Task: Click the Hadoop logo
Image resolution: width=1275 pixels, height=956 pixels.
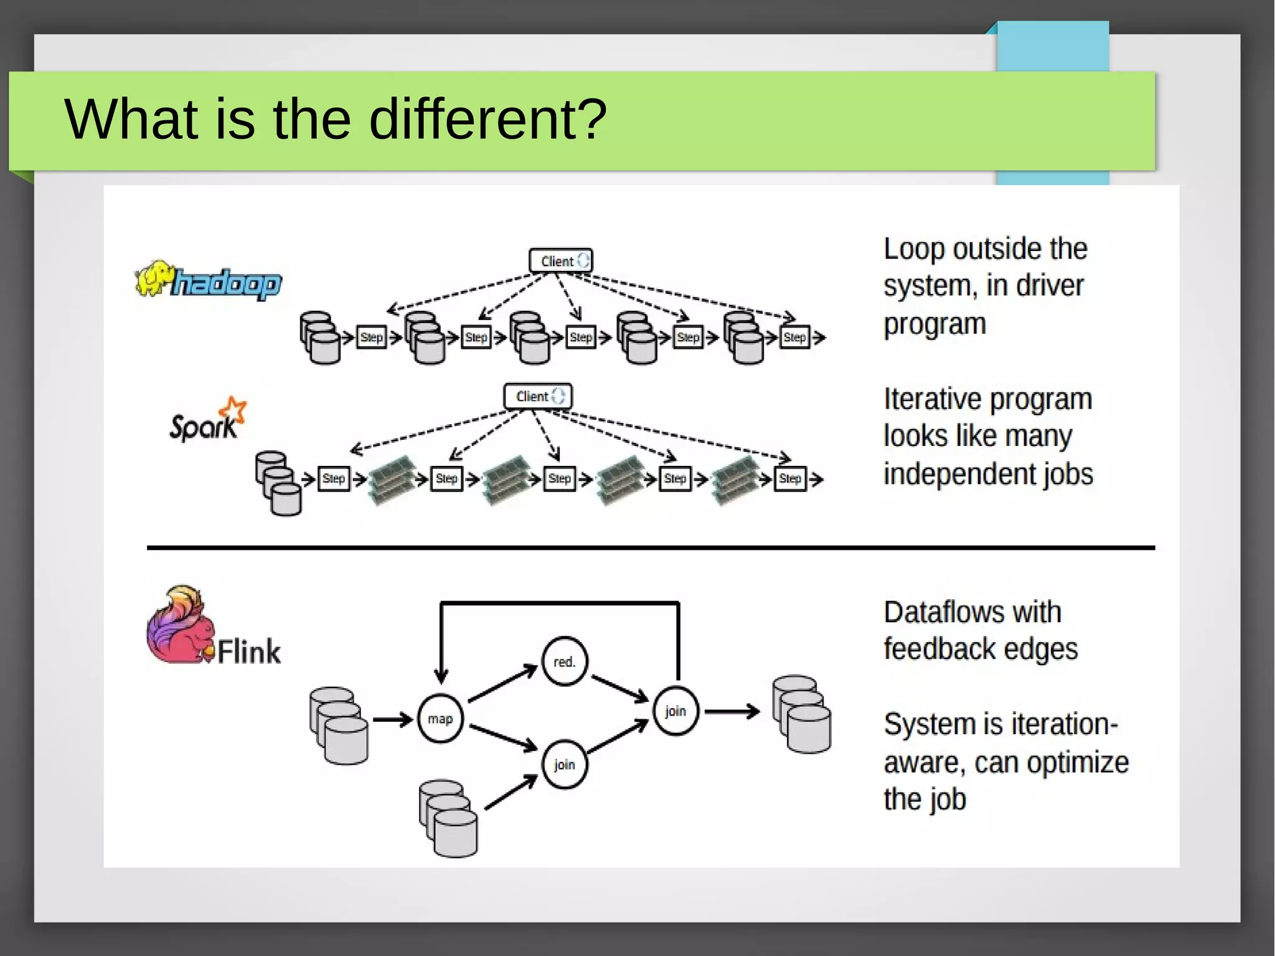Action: tap(209, 280)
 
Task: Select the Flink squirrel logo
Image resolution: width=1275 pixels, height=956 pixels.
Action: tap(181, 626)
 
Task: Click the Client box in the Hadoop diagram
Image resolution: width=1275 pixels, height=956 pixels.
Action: tap(560, 261)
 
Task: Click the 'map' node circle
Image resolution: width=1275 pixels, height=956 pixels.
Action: tap(440, 719)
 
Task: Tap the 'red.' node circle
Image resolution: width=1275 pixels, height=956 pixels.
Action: tap(564, 661)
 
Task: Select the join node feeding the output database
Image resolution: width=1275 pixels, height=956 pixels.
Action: tap(675, 711)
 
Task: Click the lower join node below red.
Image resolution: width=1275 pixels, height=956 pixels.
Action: tap(564, 764)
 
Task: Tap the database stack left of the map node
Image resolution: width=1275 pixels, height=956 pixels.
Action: tap(339, 726)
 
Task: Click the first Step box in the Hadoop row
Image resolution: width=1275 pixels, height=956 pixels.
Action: tap(371, 337)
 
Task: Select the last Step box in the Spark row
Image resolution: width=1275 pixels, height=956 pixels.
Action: tap(789, 478)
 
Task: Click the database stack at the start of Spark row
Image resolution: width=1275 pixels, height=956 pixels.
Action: tap(278, 483)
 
